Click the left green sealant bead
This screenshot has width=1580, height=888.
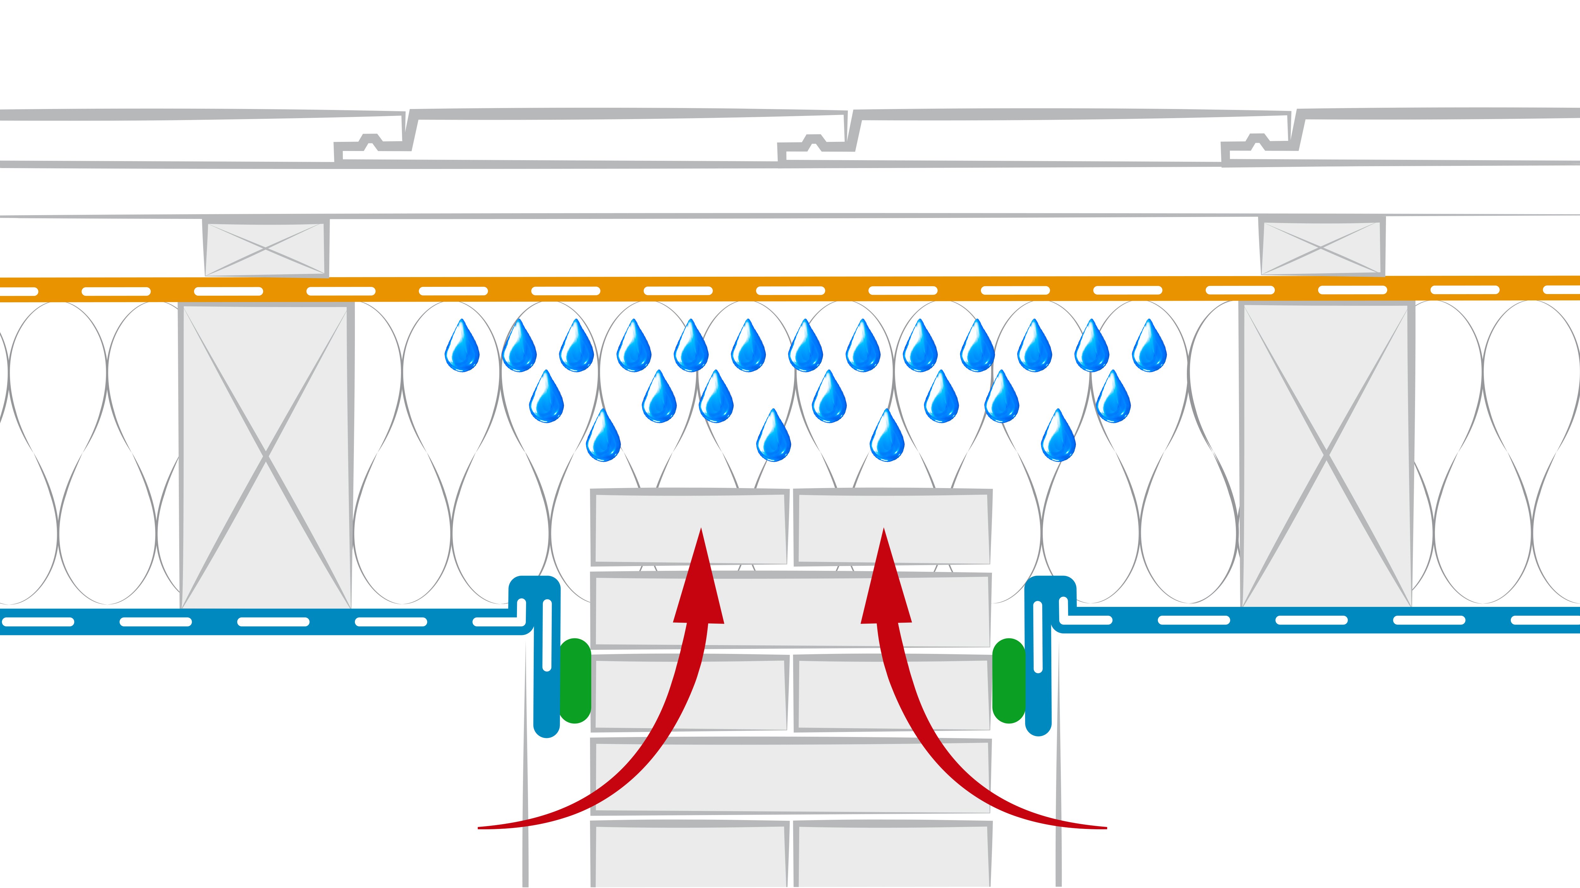575,681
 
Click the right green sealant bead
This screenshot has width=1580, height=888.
1008,681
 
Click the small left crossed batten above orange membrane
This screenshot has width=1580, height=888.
265,248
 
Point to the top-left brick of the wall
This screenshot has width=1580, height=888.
690,528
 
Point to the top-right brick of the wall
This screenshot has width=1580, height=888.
892,528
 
